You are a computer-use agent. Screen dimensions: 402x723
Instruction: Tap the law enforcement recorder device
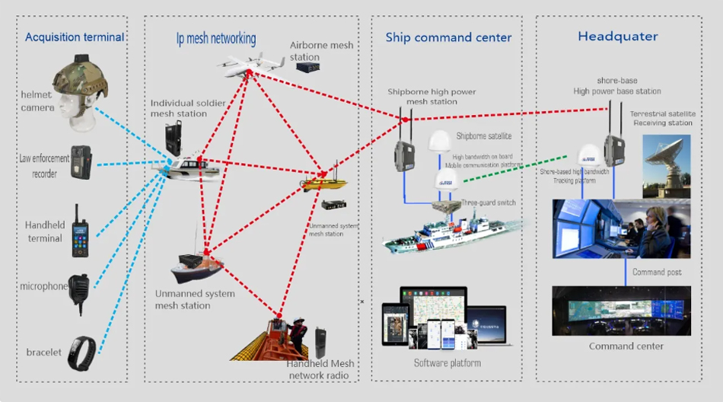click(81, 161)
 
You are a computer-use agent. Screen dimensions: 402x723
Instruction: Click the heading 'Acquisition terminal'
click(74, 37)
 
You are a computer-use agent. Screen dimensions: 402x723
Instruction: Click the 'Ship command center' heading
click(448, 37)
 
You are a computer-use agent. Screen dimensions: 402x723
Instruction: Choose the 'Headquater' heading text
click(617, 37)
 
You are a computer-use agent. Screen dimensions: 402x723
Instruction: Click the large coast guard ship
click(449, 232)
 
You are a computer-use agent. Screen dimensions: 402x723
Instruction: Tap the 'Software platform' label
click(447, 362)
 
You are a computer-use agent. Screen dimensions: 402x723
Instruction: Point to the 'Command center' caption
click(626, 346)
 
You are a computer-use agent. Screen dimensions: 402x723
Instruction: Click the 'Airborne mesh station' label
click(321, 51)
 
